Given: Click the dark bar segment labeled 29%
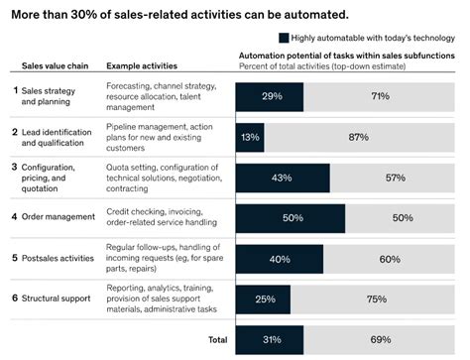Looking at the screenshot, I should (268, 97).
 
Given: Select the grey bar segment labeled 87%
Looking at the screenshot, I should (360, 137).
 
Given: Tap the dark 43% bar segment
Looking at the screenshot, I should (283, 178).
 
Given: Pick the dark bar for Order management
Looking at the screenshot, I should (291, 217).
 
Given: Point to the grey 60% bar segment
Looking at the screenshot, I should (390, 258).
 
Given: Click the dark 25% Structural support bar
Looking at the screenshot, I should (263, 299).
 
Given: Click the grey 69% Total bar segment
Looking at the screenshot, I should (380, 339).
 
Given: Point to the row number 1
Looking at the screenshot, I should (15, 90).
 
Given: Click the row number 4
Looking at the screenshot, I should (15, 215).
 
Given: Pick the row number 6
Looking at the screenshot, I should (15, 298).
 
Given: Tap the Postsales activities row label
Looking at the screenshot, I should (65, 257).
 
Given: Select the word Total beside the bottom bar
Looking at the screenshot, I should (217, 339).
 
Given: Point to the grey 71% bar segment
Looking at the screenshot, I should (379, 97).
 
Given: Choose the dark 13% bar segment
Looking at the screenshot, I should (250, 137).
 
